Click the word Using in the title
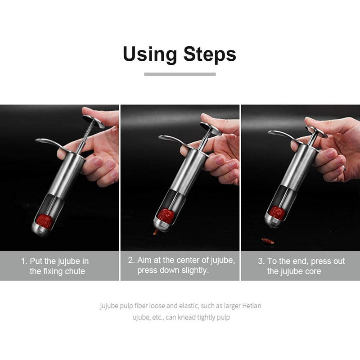[x=150, y=54]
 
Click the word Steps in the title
[x=210, y=54]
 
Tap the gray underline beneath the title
[x=180, y=74]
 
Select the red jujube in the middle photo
[x=166, y=216]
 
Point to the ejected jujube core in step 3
[x=268, y=241]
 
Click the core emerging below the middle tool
[x=156, y=232]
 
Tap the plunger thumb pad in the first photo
[x=94, y=121]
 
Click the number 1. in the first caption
[x=24, y=261]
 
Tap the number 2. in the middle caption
[x=131, y=260]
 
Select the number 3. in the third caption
[x=261, y=261]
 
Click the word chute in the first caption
[x=75, y=271]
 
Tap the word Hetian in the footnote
[x=252, y=306]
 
